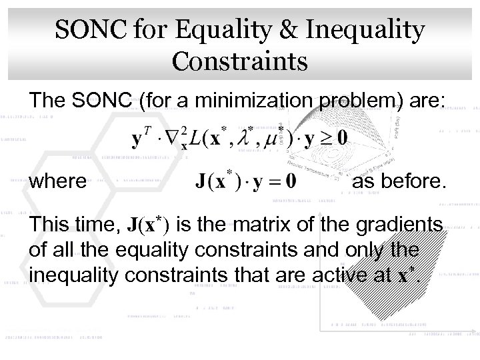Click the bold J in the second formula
pos(202,181)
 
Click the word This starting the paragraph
pos(50,225)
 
